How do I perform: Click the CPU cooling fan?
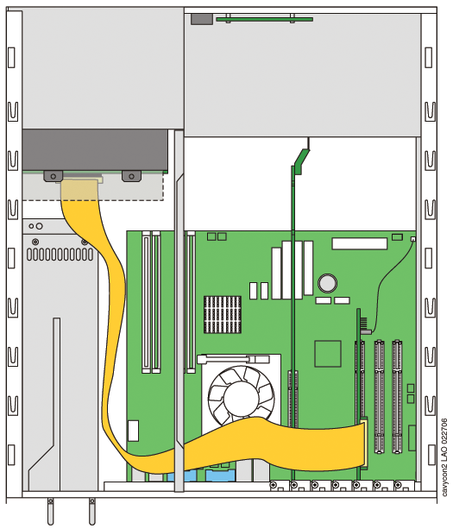tap(241, 394)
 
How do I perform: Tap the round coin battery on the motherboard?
tap(327, 283)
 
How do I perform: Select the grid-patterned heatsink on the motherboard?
tap(223, 314)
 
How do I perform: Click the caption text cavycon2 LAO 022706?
tap(445, 457)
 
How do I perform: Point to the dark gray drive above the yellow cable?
tap(95, 150)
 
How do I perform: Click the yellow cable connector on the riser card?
tap(364, 442)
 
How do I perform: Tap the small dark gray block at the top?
tap(202, 19)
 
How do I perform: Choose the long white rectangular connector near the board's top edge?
tap(359, 243)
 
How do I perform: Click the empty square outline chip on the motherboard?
tap(328, 353)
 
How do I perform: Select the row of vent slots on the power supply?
tap(60, 255)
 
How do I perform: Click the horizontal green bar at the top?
tap(264, 19)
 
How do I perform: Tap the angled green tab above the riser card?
tap(302, 161)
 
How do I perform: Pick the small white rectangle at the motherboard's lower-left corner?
tap(133, 431)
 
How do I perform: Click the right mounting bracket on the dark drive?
tap(131, 176)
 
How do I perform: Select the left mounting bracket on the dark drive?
tap(53, 176)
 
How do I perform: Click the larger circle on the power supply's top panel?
tap(39, 226)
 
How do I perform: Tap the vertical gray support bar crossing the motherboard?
tap(179, 311)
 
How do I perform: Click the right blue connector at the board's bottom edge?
tap(220, 475)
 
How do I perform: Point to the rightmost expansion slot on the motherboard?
tap(397, 397)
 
